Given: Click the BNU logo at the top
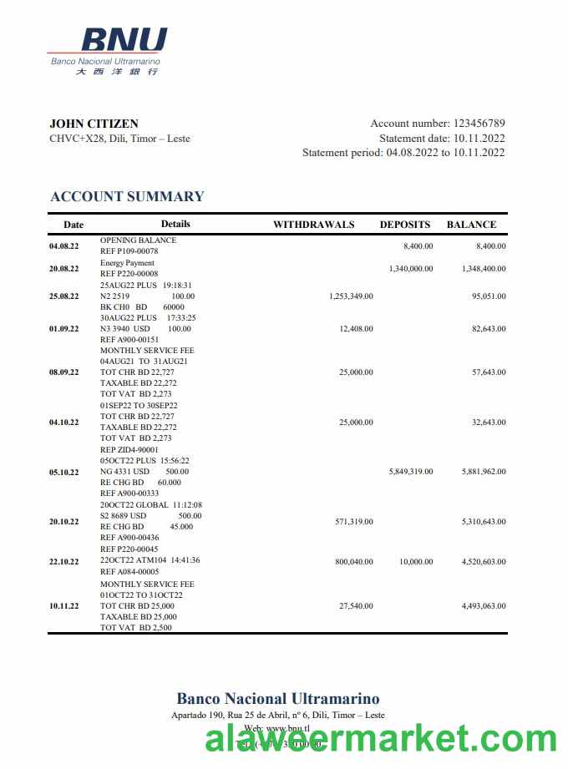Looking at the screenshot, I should pos(107,50).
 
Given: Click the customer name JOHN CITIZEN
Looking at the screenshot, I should pos(94,124).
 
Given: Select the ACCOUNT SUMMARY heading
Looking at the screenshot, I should pos(127,196).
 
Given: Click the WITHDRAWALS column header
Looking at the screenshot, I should pos(314,225).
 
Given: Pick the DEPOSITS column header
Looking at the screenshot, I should pos(405,225).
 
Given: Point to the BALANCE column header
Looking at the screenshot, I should pos(471,225).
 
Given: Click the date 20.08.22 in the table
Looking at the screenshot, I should pos(64,269).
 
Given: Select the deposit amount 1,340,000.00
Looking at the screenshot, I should pos(411,269).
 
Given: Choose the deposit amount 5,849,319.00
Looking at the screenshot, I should pos(411,472).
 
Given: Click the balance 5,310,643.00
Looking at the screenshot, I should pos(484,522).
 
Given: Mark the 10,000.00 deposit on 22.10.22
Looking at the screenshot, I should pos(416,562).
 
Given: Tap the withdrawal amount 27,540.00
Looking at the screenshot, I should pos(356,606).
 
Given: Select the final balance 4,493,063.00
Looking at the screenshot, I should pos(484,606).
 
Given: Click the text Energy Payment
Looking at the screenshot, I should pos(127,263).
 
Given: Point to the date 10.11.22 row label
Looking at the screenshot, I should pos(64,606).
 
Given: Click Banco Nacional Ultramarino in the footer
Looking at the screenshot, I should pos(277,699).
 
